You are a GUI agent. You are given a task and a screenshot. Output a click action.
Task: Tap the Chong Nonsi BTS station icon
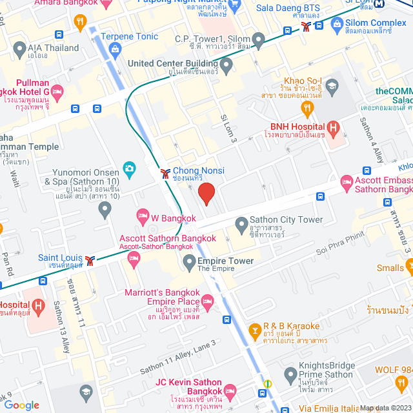click(165, 172)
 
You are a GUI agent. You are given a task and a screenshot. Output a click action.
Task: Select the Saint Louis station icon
click(92, 259)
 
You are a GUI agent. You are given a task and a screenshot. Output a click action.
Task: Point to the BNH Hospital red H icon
click(334, 128)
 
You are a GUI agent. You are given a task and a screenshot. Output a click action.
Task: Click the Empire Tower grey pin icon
click(189, 261)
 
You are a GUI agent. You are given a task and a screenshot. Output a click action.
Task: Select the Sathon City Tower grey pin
click(241, 225)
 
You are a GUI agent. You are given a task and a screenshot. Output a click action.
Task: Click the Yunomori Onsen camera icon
click(129, 169)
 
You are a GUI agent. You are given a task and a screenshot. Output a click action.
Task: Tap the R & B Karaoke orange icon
click(256, 332)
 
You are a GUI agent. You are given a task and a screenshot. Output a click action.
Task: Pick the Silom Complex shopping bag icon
click(336, 26)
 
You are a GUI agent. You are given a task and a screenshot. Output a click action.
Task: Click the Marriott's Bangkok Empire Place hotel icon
click(207, 301)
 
